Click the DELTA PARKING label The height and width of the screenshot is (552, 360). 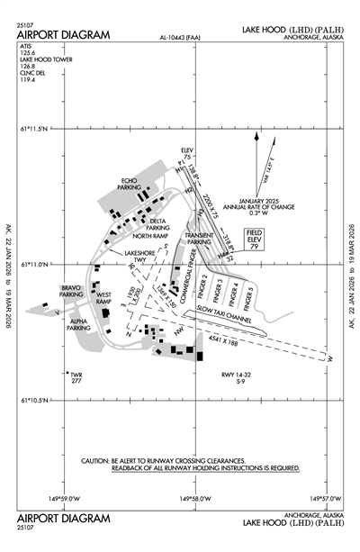click(x=157, y=224)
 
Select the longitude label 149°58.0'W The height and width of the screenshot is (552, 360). click(x=196, y=497)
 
